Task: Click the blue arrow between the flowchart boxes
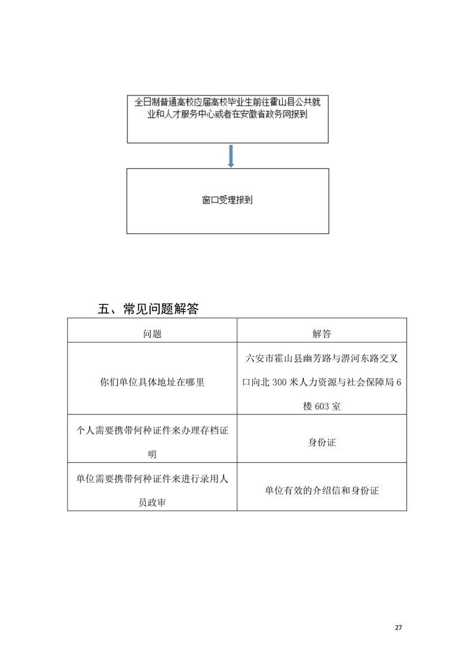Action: [x=231, y=155]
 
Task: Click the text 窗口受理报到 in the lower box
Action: [x=227, y=200]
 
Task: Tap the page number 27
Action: [x=398, y=627]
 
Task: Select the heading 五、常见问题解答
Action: [x=148, y=309]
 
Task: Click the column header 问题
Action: [x=152, y=334]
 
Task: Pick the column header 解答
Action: [x=322, y=334]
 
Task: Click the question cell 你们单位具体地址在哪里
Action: [x=152, y=382]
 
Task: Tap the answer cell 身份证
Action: [x=322, y=443]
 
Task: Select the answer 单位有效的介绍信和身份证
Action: [x=322, y=490]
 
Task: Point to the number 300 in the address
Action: [x=279, y=382]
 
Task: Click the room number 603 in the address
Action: [x=322, y=407]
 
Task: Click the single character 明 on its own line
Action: [x=152, y=455]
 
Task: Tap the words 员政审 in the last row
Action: [x=152, y=502]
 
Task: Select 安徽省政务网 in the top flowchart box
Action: [x=265, y=114]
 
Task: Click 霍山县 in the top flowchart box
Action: [x=294, y=102]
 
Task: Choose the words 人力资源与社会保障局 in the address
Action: [x=347, y=382]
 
